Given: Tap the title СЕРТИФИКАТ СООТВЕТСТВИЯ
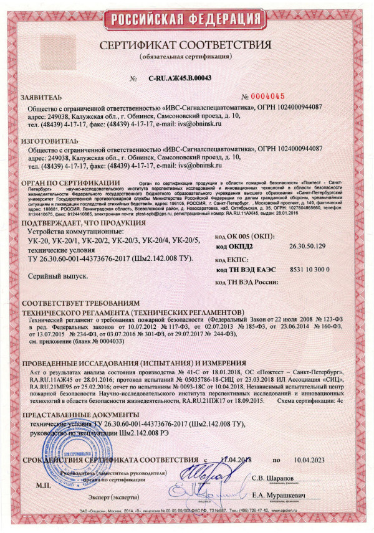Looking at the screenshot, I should [x=187, y=46].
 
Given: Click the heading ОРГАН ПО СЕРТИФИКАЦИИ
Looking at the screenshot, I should [x=67, y=183].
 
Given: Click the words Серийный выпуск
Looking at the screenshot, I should [x=55, y=275].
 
